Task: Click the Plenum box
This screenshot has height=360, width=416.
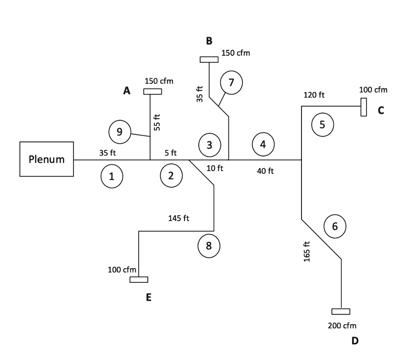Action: [47, 159]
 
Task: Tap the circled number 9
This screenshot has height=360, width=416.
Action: [120, 132]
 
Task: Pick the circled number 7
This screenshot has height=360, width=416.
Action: [231, 82]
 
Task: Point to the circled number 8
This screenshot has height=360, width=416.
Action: [209, 245]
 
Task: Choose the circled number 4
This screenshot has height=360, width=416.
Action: [263, 144]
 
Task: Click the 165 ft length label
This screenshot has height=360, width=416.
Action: [307, 252]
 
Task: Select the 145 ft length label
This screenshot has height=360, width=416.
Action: [179, 218]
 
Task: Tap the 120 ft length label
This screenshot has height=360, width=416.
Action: [314, 95]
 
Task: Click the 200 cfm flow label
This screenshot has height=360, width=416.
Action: [342, 325]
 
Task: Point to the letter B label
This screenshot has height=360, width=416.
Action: [209, 41]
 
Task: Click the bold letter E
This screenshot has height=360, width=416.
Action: [149, 298]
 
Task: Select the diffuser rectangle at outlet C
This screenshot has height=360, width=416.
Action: [364, 107]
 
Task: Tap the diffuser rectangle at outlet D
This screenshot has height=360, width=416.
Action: [340, 312]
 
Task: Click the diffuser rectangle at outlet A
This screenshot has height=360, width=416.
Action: [152, 91]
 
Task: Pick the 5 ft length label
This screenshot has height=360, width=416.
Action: [171, 153]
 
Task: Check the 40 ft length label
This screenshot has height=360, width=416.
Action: [265, 171]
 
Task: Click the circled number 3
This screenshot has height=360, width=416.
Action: [209, 144]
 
